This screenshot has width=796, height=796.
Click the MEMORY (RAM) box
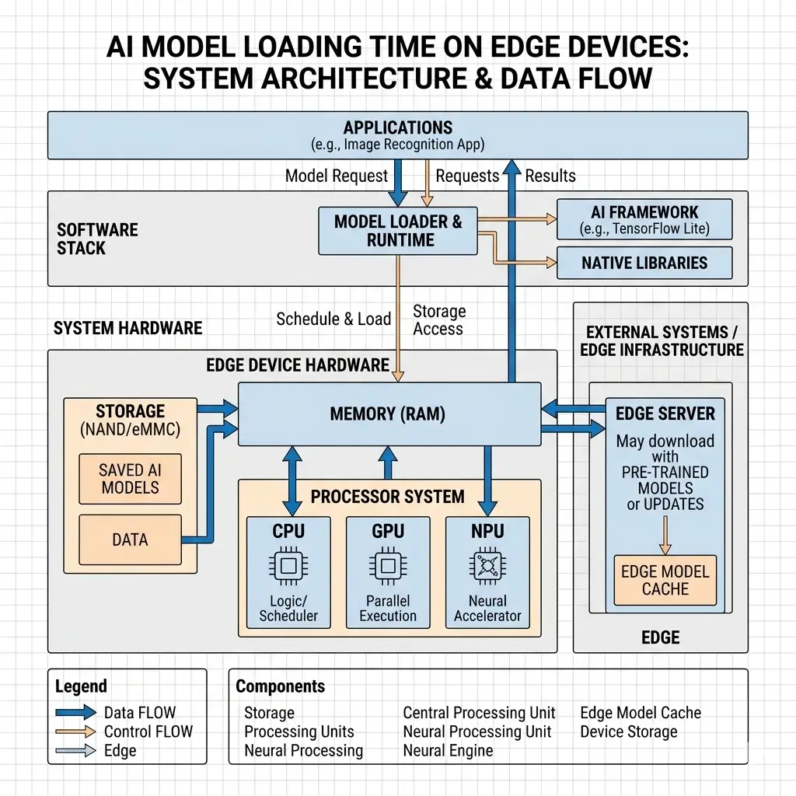click(x=388, y=414)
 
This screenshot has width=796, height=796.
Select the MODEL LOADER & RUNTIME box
click(x=398, y=231)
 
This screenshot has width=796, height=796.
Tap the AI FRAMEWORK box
click(x=644, y=220)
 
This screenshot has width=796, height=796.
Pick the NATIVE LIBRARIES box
click(x=644, y=264)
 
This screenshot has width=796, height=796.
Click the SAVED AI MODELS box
click(x=129, y=479)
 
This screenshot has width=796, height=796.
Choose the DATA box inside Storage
click(x=129, y=539)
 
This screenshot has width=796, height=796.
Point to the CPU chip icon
click(x=288, y=567)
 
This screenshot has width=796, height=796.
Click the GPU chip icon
click(x=387, y=567)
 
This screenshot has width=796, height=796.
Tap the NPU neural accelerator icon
click(x=487, y=567)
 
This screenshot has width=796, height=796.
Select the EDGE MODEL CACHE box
click(x=665, y=580)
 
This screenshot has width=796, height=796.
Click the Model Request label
click(x=336, y=176)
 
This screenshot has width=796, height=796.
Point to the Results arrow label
click(x=550, y=176)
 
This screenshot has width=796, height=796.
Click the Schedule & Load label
click(x=333, y=319)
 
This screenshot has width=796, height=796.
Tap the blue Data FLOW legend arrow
click(x=78, y=712)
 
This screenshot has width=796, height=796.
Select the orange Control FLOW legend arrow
click(x=78, y=731)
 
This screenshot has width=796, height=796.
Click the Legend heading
click(x=81, y=686)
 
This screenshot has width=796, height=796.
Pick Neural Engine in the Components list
click(x=448, y=750)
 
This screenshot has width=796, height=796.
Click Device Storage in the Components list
click(x=628, y=731)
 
